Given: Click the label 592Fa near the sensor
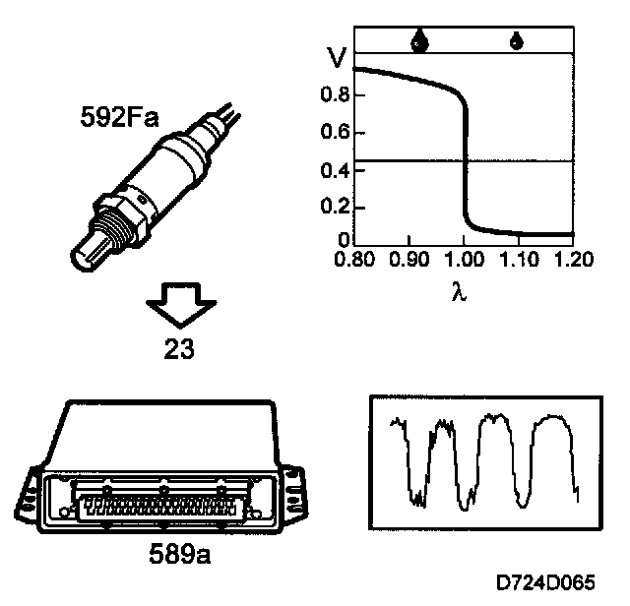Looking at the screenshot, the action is pyautogui.click(x=119, y=117).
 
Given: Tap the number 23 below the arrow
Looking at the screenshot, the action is pyautogui.click(x=179, y=348).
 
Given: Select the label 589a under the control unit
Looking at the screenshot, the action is pyautogui.click(x=179, y=554).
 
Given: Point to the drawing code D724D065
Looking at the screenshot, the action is pyautogui.click(x=545, y=582).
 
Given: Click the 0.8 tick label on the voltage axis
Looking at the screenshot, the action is pyautogui.click(x=335, y=94).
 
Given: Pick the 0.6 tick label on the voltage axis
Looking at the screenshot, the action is pyautogui.click(x=335, y=132).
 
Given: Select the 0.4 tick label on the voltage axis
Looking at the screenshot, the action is pyautogui.click(x=335, y=170).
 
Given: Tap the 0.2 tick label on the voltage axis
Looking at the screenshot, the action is pyautogui.click(x=335, y=207).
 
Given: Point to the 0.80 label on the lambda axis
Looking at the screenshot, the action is pyautogui.click(x=354, y=259).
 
